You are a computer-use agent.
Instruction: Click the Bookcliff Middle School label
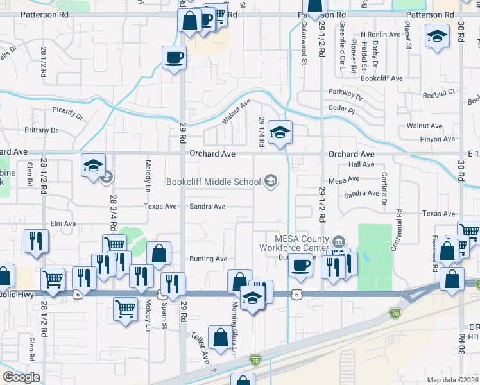pos(213,182)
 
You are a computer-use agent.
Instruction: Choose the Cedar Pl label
pos(343,110)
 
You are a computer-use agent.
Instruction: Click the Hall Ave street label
pos(361,164)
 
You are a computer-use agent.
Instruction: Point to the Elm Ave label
pos(64,223)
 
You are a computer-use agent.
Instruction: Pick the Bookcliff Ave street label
pos(381,78)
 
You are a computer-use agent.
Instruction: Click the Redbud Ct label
pos(439,93)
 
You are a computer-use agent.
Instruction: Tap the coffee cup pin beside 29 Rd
pos(174,58)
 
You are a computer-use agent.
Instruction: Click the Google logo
pos(21,377)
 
